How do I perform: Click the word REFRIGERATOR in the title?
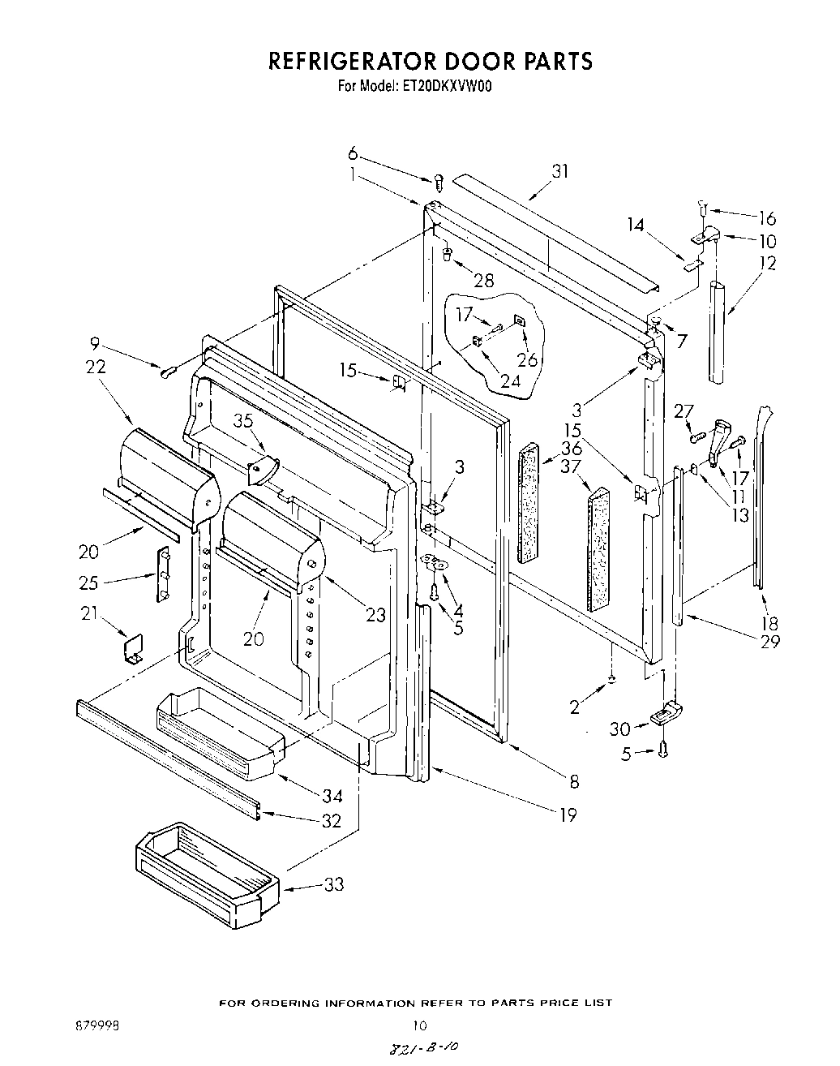[351, 61]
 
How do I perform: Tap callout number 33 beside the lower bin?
[334, 884]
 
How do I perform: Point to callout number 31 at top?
[559, 171]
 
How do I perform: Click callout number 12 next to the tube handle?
[767, 263]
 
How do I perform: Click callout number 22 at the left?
[95, 367]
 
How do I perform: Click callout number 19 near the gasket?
[568, 815]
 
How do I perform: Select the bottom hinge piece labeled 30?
[667, 714]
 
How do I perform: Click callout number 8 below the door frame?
[574, 781]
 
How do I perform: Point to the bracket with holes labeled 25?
[163, 574]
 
